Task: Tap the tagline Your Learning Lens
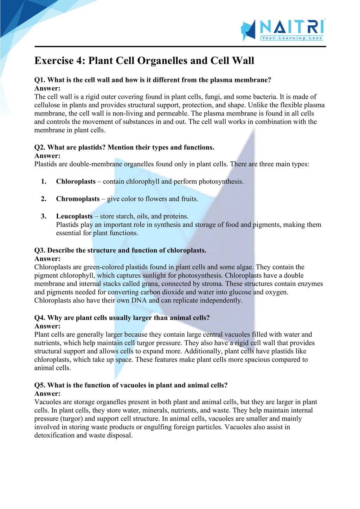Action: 291,38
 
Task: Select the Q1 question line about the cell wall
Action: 153,80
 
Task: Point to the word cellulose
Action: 49,105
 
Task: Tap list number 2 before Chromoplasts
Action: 44,199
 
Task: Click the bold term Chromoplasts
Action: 78,199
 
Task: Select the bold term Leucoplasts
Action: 74,216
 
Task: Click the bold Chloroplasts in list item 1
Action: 76,182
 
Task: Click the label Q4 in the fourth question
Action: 40,318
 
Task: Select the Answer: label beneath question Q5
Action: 47,394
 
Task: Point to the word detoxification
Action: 54,436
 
